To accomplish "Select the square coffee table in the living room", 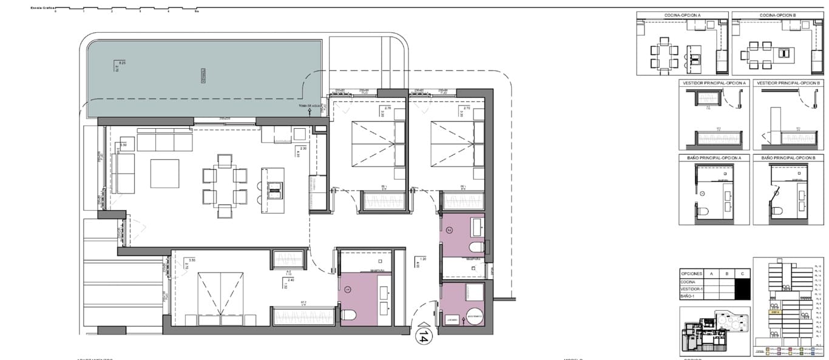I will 164,173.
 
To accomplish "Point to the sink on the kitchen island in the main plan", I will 273,190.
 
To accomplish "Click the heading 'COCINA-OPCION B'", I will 777,15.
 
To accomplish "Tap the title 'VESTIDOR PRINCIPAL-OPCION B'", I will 788,83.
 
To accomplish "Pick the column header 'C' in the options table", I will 742,273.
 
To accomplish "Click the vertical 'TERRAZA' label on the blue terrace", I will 204,75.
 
